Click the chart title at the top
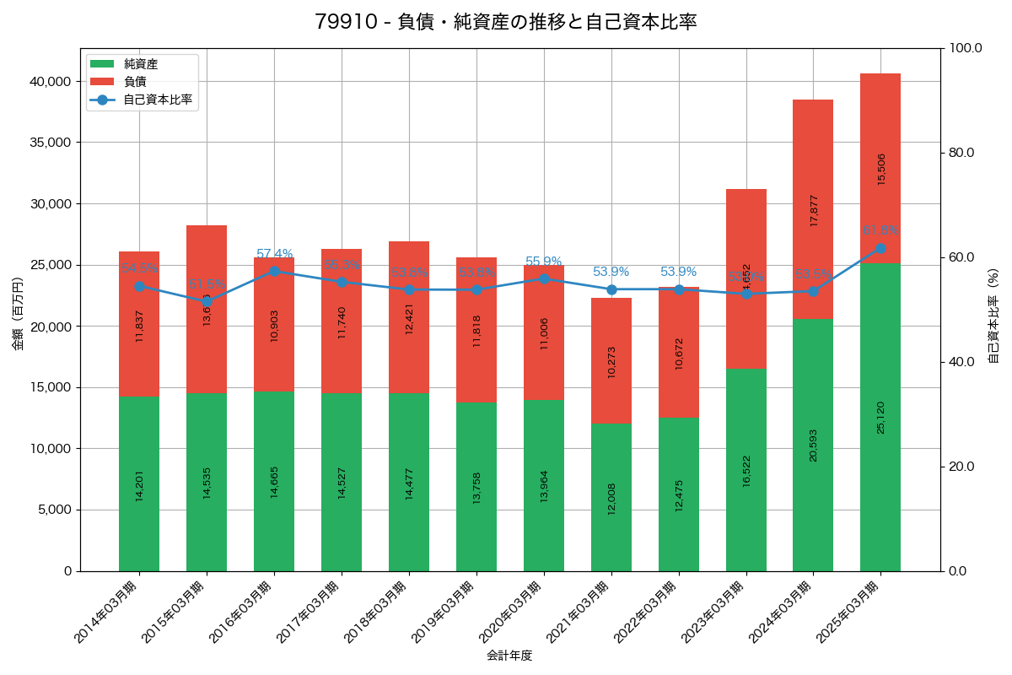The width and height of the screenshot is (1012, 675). tap(505, 22)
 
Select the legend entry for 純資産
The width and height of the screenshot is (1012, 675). tap(140, 64)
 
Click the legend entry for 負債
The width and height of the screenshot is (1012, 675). tap(135, 82)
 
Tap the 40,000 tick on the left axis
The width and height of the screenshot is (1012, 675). tap(47, 82)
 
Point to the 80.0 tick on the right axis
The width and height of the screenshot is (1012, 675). tap(961, 153)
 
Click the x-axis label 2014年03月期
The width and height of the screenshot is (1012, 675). tap(106, 613)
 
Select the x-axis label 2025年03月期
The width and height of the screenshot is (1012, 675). tap(848, 613)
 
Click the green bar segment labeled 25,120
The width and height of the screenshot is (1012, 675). tap(880, 417)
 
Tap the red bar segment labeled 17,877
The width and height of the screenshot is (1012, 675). tap(813, 209)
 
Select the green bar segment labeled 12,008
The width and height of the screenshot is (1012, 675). tap(611, 497)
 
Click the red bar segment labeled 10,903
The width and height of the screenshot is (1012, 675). tap(274, 324)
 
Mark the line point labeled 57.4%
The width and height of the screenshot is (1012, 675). tap(274, 272)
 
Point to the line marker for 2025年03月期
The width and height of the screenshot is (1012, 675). tap(880, 249)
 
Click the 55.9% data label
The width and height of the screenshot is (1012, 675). tap(543, 262)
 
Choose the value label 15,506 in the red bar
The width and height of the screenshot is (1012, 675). tap(881, 169)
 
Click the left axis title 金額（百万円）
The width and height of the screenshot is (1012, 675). tap(18, 314)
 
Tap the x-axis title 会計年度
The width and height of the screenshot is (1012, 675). tap(509, 656)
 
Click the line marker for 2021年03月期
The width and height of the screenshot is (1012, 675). tap(611, 289)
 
